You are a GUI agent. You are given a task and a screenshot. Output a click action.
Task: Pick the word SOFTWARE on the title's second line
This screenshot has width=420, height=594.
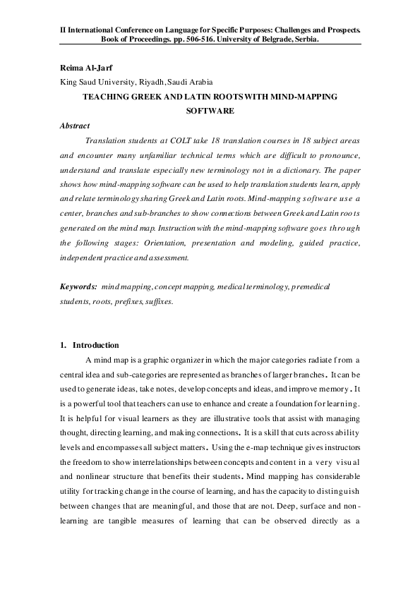click(x=210, y=111)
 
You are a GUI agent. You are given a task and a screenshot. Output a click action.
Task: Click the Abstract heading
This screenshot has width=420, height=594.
click(x=75, y=125)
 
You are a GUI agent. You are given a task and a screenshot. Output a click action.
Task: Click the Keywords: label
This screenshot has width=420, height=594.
click(x=78, y=288)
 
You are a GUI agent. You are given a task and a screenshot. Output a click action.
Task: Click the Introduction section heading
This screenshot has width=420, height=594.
click(x=96, y=345)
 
